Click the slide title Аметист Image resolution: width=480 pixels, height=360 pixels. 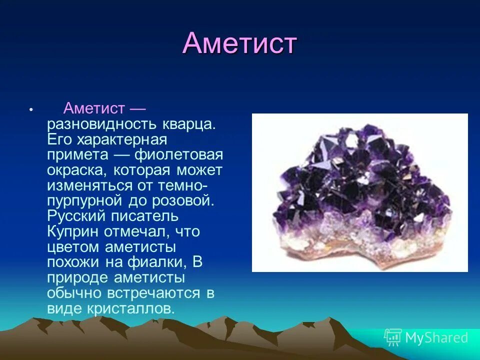240,43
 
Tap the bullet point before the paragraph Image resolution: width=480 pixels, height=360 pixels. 31,109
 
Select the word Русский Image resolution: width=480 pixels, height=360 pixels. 75,216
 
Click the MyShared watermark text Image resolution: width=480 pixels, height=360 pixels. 436,337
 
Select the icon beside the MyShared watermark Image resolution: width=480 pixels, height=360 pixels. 392,337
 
